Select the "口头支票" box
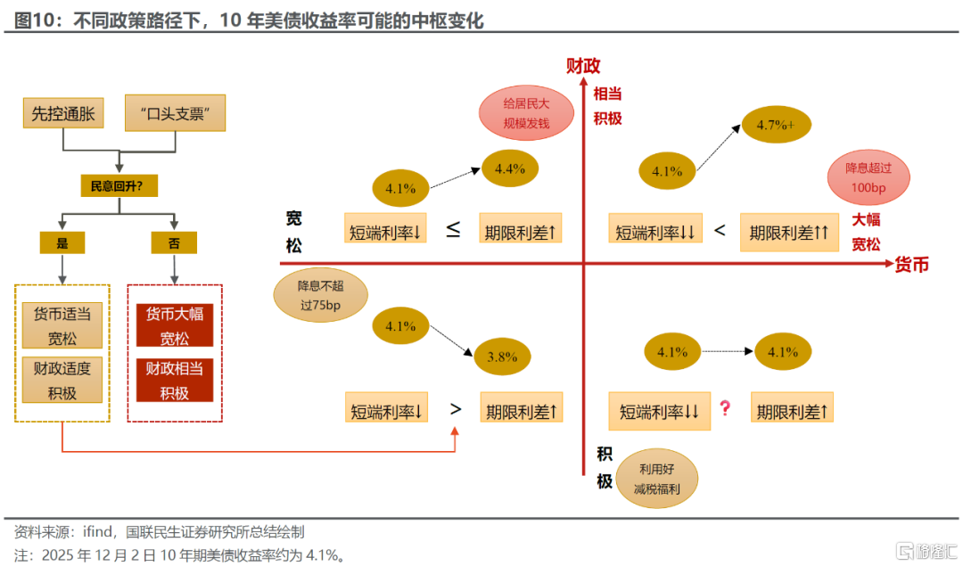coord(175,113)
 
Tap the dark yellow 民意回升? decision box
coord(119,185)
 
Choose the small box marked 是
coord(62,242)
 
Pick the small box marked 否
coord(175,242)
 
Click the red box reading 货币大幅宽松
coord(175,325)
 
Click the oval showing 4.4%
coord(510,168)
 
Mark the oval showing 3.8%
coord(503,357)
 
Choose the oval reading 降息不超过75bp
coord(319,296)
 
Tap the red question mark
coord(725,408)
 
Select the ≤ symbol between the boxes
coord(453,230)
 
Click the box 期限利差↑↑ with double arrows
coord(789,233)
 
